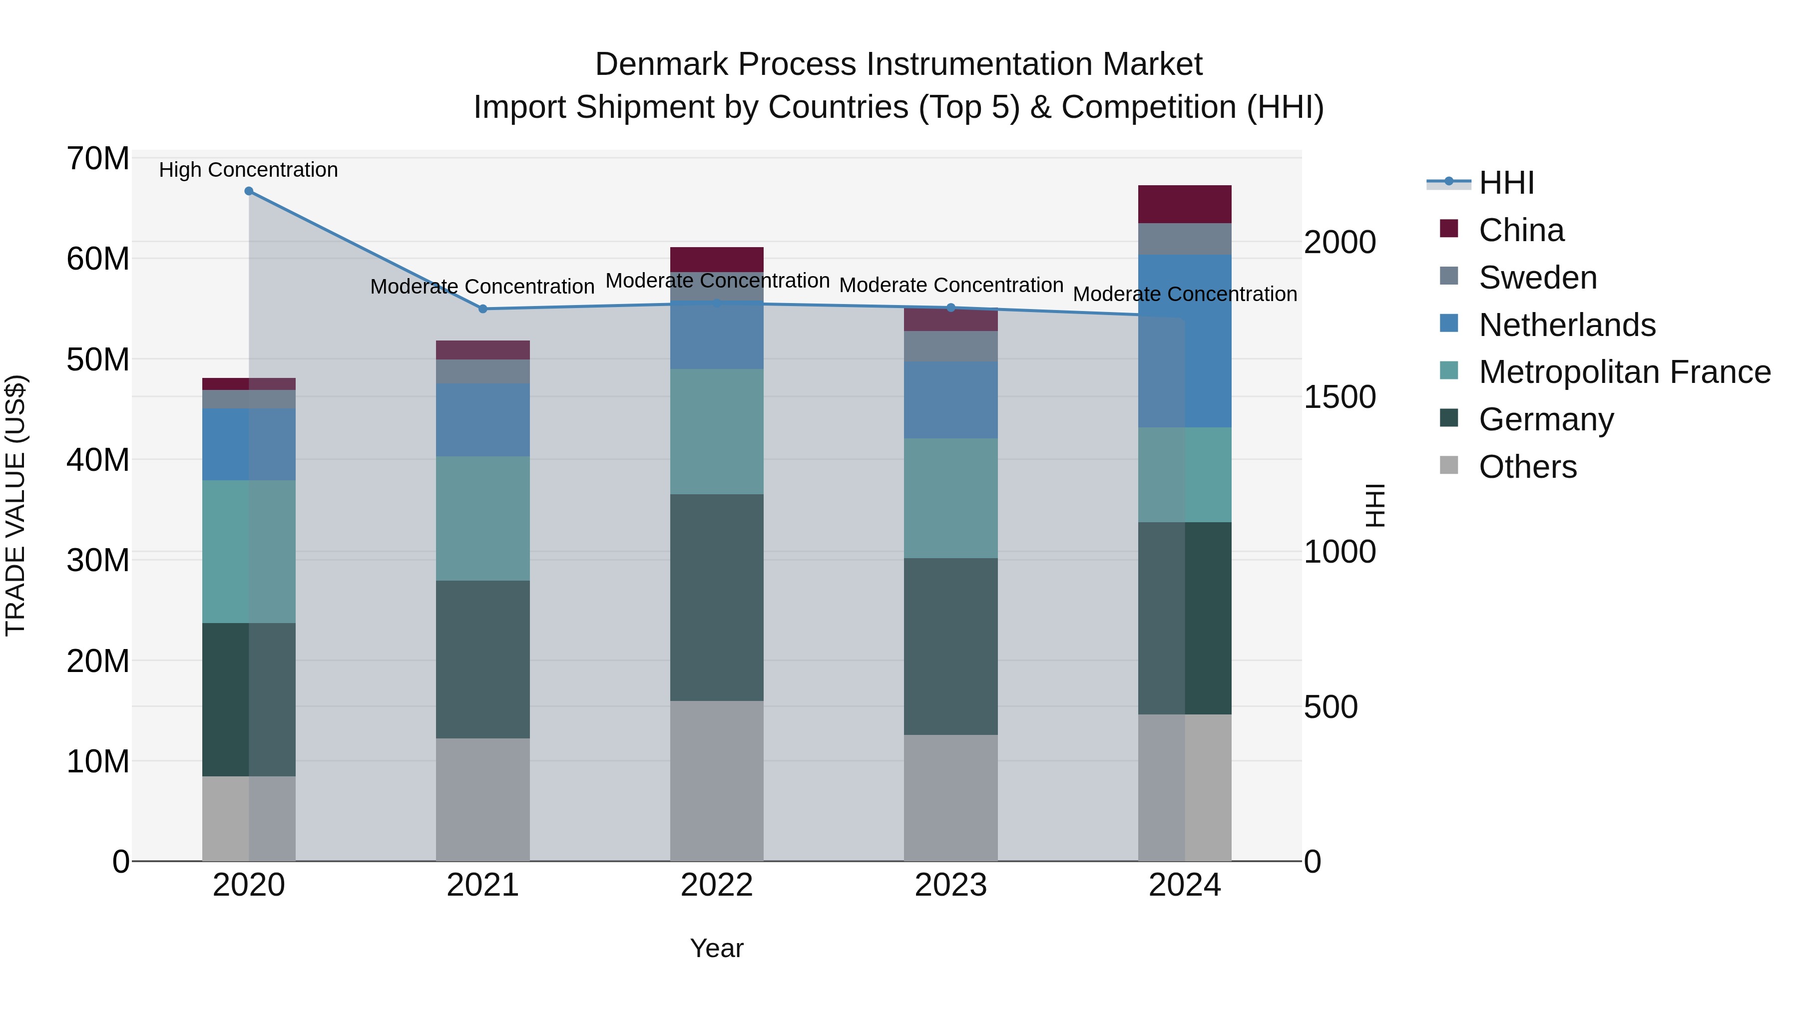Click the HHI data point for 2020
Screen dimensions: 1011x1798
249,191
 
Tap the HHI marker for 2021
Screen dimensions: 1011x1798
482,309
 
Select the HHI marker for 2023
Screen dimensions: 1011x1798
950,308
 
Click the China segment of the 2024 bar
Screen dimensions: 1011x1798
1185,204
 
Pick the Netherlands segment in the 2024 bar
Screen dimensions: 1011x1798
1185,341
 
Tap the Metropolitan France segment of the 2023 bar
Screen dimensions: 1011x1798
950,498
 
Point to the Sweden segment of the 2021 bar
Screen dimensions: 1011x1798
482,371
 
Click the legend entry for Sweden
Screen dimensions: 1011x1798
1538,278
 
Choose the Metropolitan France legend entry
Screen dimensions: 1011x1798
1624,372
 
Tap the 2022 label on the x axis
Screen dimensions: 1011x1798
717,885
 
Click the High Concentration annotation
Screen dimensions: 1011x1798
249,170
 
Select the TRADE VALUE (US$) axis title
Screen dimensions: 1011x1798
15,505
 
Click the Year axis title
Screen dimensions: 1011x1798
717,948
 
